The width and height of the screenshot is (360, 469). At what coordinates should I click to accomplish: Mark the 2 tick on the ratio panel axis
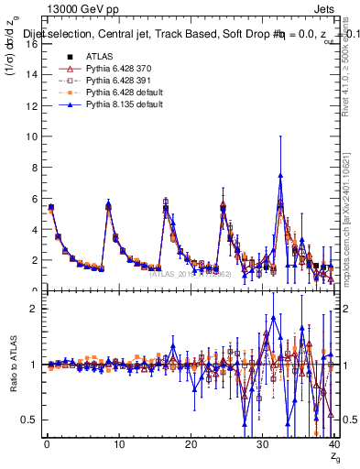point(33,309)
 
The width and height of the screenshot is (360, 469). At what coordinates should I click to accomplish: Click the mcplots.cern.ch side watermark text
point(350,220)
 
